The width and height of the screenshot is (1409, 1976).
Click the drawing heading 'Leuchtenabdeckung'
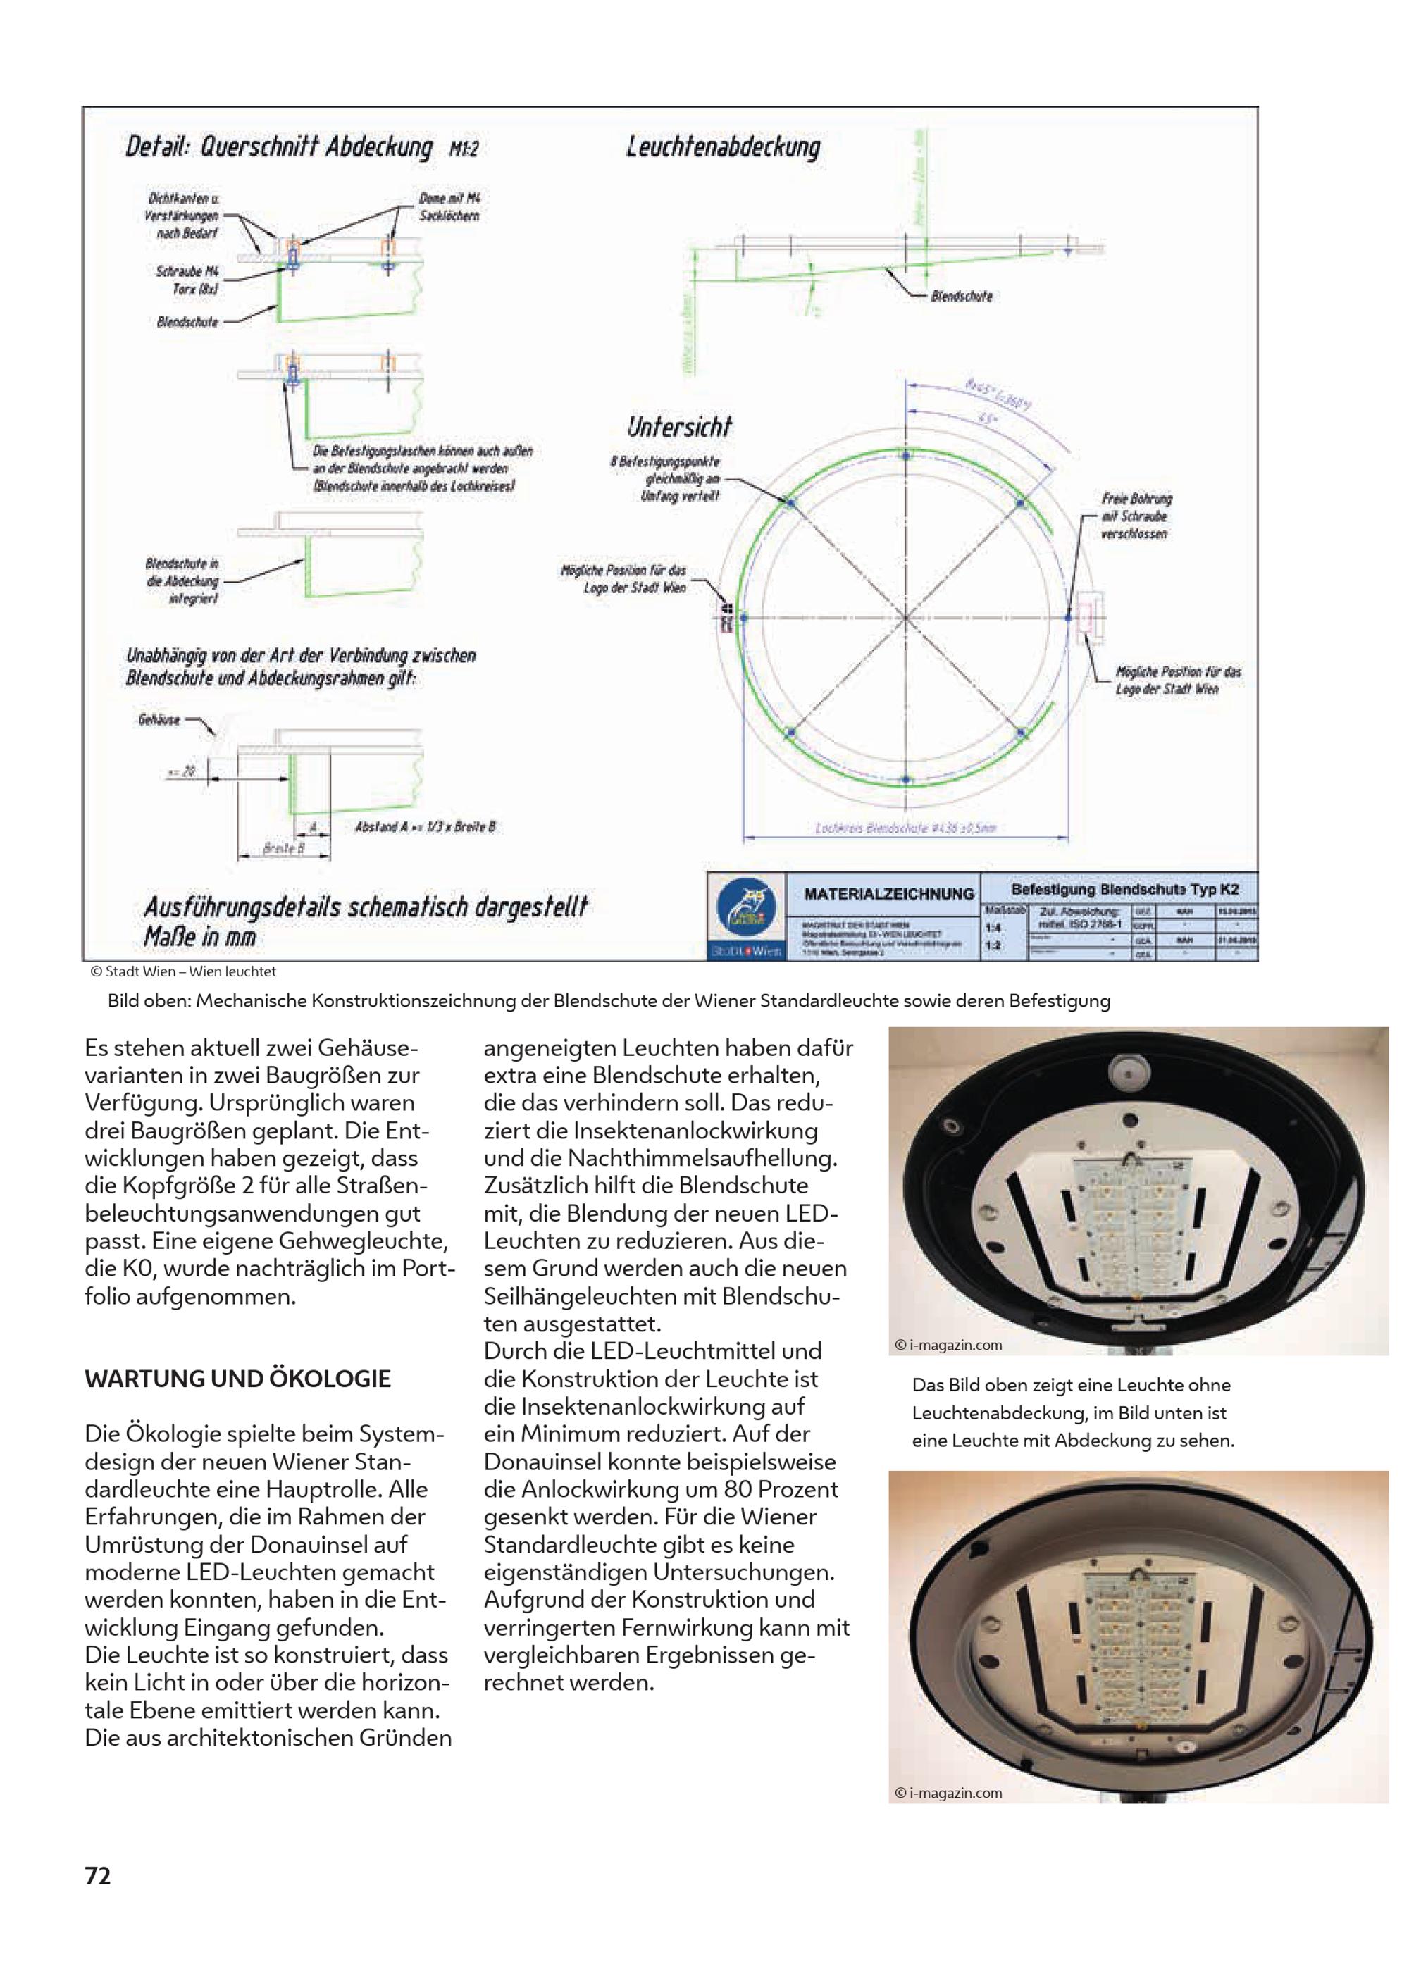[x=723, y=147]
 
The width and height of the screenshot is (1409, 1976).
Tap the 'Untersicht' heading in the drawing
[x=679, y=427]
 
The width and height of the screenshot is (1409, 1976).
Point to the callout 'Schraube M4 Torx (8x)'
[x=187, y=279]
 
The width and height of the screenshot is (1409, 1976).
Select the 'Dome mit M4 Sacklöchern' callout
[x=449, y=207]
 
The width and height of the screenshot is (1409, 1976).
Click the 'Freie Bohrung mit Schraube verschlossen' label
[x=1136, y=516]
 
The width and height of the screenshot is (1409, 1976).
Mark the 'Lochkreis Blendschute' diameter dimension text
[x=905, y=828]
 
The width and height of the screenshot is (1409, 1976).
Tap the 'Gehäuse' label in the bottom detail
[x=159, y=720]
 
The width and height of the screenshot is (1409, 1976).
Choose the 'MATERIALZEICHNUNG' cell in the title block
[x=888, y=893]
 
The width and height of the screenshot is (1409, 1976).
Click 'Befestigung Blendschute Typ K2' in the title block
[x=1124, y=889]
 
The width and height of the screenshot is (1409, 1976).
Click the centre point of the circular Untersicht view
[x=906, y=618]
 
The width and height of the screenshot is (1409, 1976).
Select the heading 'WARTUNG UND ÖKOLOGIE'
[x=237, y=1379]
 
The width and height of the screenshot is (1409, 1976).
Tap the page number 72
[x=98, y=1875]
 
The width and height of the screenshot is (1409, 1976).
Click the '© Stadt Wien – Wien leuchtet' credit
[x=183, y=971]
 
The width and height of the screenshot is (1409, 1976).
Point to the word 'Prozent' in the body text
[x=794, y=1489]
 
